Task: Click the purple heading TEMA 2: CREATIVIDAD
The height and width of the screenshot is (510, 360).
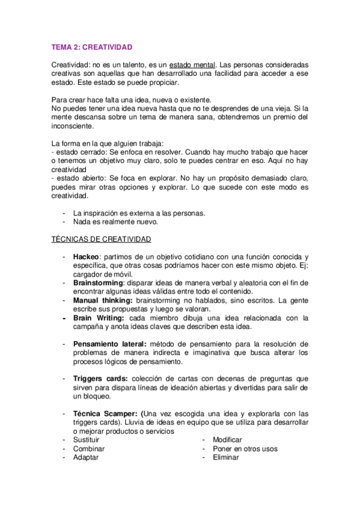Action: [x=92, y=46]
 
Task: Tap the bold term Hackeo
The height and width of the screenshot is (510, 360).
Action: [x=86, y=257]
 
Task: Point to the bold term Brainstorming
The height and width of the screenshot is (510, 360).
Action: [x=98, y=283]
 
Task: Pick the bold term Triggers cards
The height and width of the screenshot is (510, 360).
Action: [x=100, y=378]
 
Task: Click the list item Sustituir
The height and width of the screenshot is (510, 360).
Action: [x=88, y=440]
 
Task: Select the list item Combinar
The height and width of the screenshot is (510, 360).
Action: [x=89, y=449]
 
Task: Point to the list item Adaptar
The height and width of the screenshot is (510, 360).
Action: [x=86, y=457]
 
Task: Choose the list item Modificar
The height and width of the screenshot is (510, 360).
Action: [x=227, y=440]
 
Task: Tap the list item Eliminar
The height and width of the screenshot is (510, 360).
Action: [x=226, y=457]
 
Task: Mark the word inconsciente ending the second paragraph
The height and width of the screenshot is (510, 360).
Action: [x=73, y=126]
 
